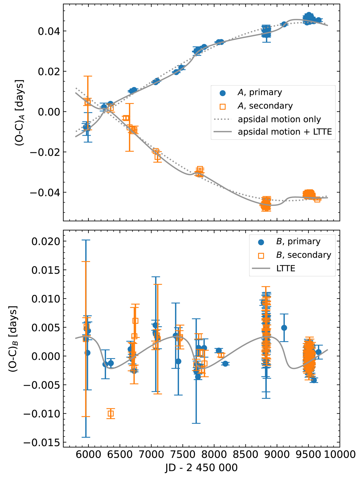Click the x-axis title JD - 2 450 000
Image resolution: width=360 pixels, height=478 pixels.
click(x=201, y=468)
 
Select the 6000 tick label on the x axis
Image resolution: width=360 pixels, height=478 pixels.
click(x=88, y=454)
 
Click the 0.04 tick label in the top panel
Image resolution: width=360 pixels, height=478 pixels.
click(x=48, y=31)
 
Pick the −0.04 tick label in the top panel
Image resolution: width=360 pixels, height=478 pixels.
click(x=44, y=192)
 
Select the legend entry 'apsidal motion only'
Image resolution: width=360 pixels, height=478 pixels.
click(x=279, y=119)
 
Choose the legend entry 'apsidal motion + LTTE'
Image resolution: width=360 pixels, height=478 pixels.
click(x=285, y=132)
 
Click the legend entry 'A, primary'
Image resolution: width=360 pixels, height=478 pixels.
click(x=259, y=93)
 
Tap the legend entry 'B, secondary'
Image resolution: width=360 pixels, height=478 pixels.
click(x=303, y=255)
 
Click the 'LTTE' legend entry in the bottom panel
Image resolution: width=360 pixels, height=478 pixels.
click(x=286, y=269)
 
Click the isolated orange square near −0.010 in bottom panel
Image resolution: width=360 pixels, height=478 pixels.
click(x=111, y=414)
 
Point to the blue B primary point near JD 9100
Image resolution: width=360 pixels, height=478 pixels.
click(x=284, y=328)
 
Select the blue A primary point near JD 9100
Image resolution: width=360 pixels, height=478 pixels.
click(x=284, y=24)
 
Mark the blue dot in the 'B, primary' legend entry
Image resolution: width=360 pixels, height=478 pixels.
click(x=261, y=242)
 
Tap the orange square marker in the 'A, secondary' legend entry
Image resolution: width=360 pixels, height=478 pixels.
click(x=223, y=106)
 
